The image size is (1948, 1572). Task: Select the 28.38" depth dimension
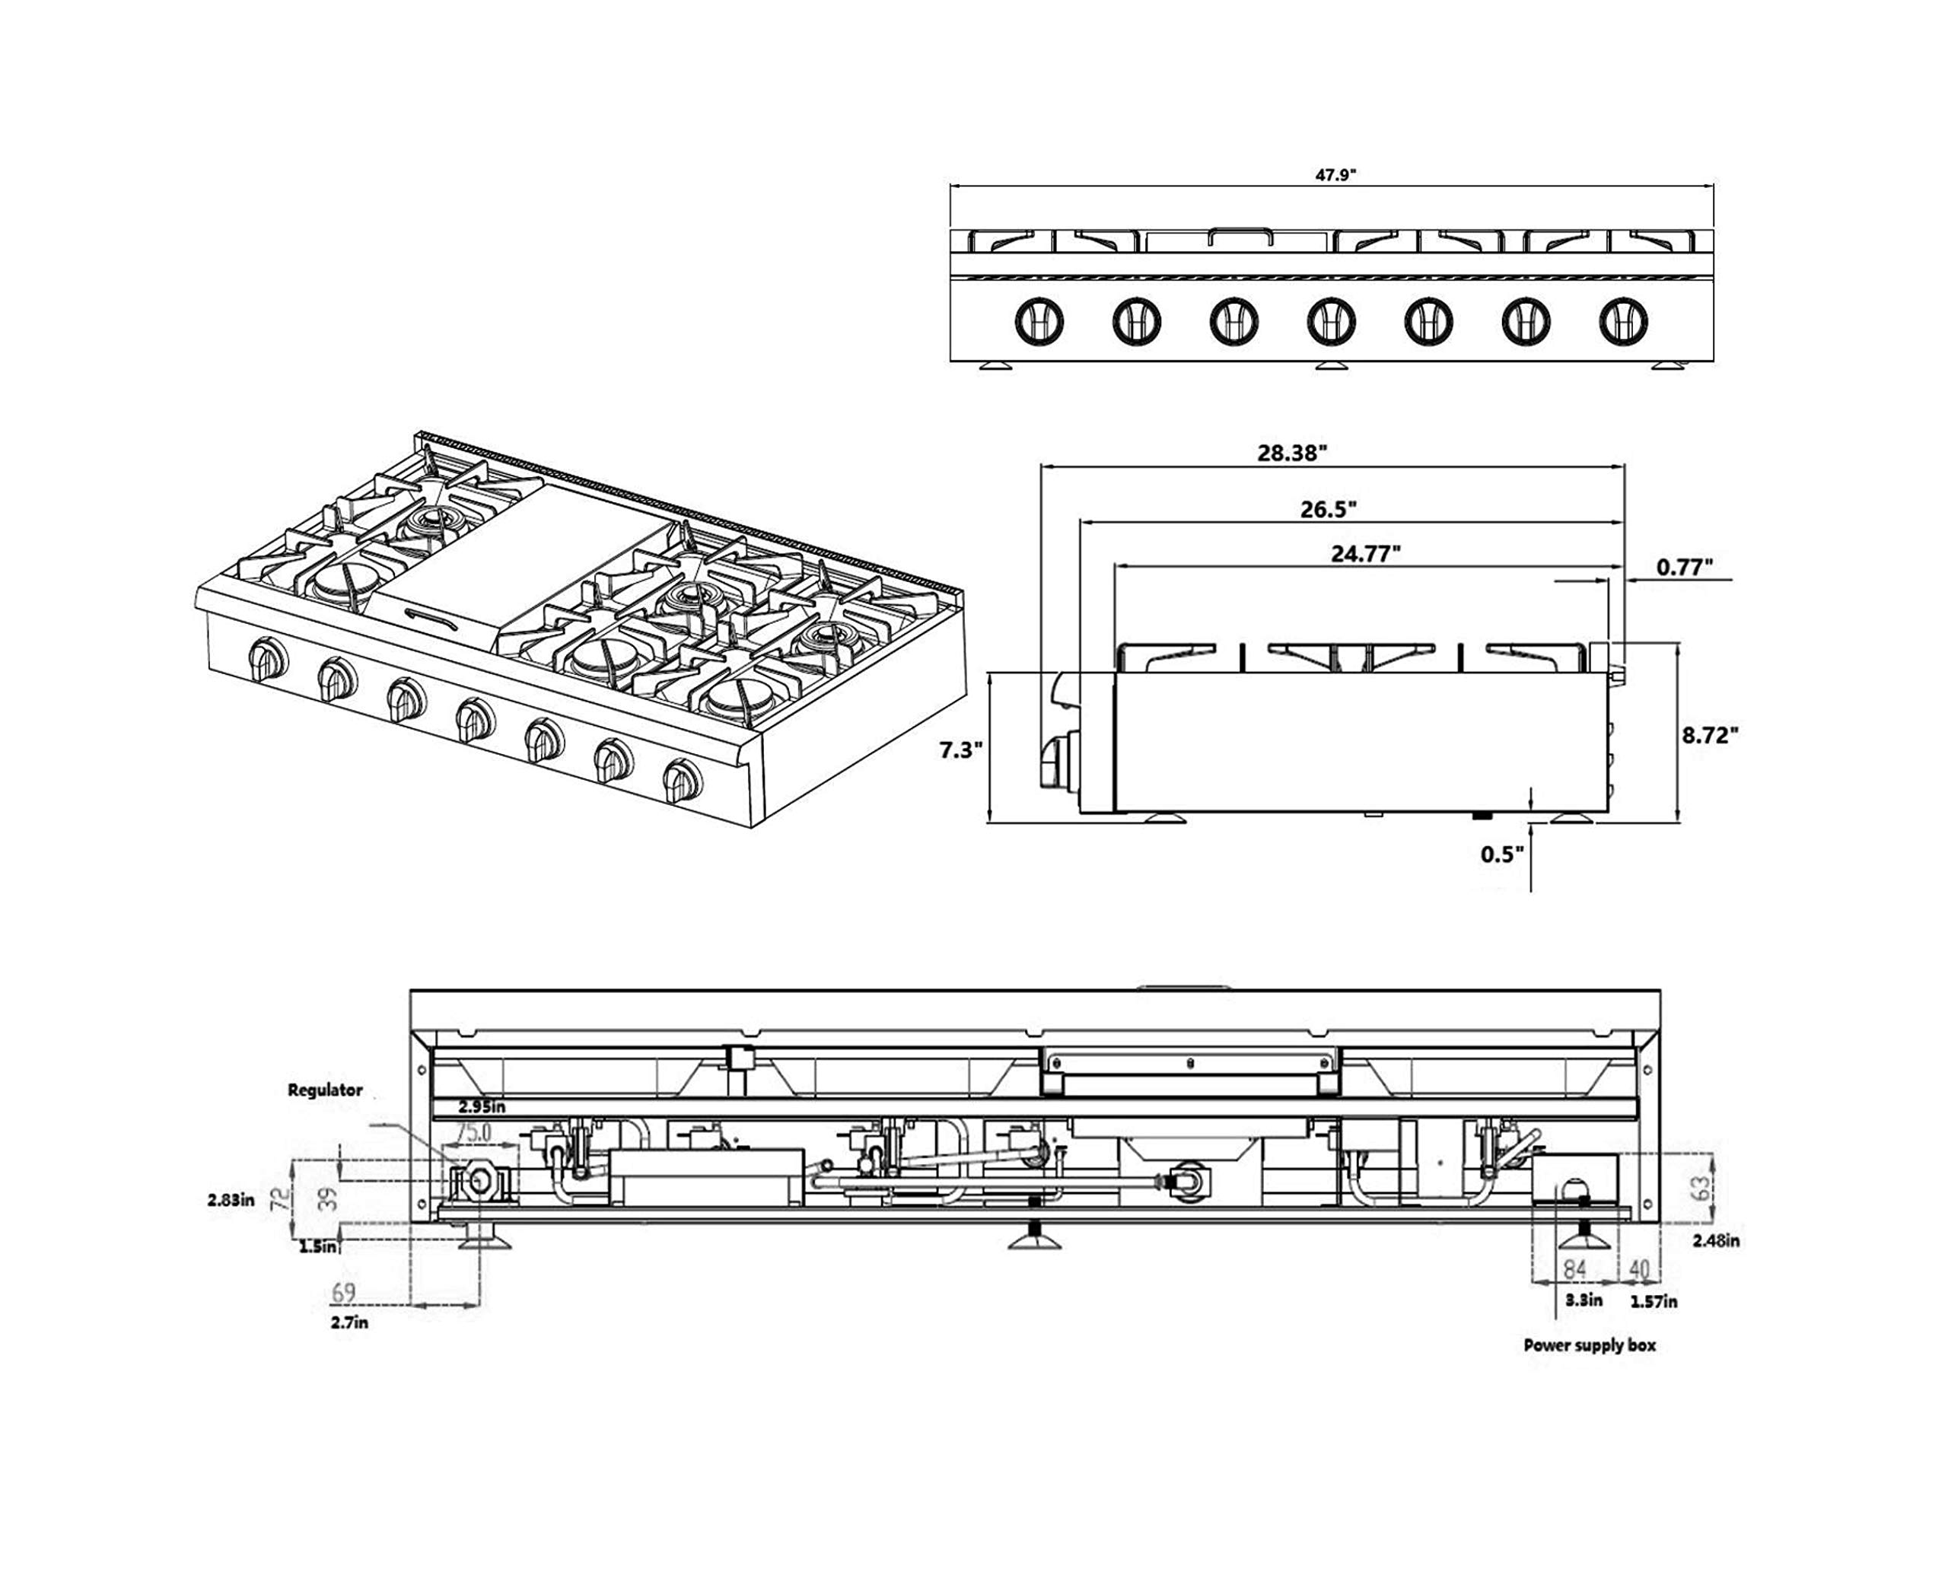coord(1292,453)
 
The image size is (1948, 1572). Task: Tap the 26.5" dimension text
coord(1329,509)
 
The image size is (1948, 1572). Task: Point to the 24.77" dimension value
coord(1366,554)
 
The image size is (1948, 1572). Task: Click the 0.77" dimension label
coord(1685,568)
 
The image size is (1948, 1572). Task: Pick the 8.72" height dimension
coord(1711,735)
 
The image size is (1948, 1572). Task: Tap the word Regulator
coord(325,1090)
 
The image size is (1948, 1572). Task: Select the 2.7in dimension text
coord(349,1322)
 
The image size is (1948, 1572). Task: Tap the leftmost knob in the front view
coord(1039,320)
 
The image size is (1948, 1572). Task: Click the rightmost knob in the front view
coord(1623,320)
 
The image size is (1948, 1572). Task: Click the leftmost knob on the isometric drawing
coord(268,659)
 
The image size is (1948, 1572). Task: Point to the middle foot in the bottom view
coord(1034,1237)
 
